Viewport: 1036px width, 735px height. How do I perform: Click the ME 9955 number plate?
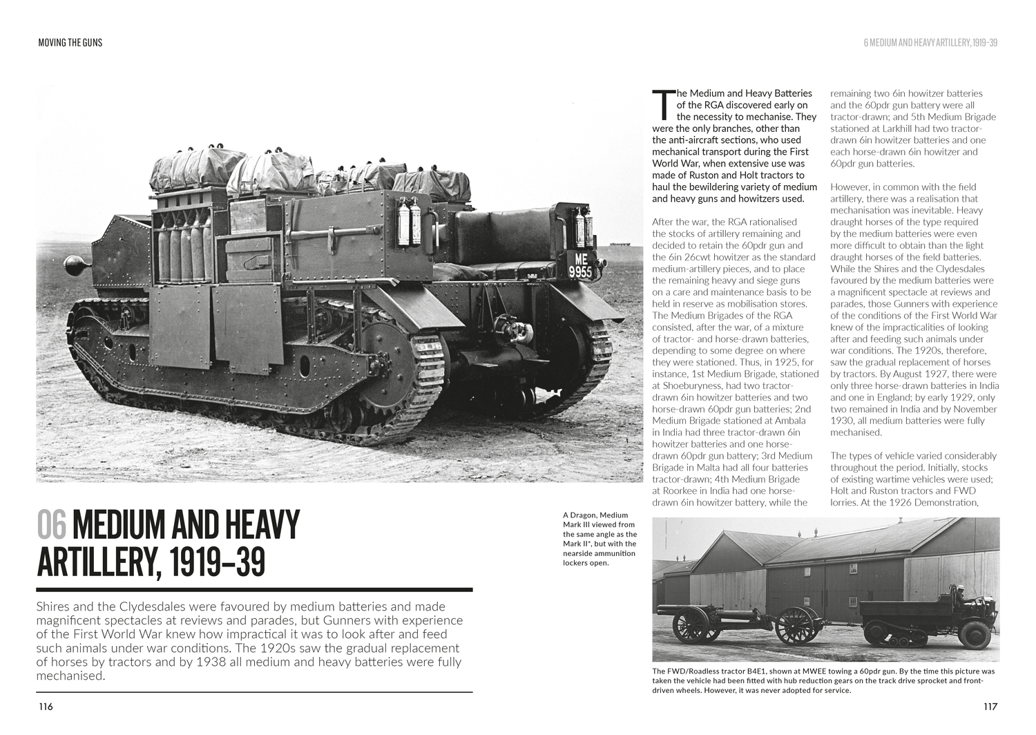[x=579, y=265]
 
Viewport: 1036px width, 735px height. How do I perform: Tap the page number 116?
[x=46, y=707]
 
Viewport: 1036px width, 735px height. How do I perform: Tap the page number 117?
[x=990, y=707]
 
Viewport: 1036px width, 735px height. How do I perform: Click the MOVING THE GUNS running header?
[x=70, y=43]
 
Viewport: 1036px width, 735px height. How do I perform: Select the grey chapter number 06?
[x=52, y=525]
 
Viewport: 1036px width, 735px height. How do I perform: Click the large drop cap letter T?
[x=662, y=104]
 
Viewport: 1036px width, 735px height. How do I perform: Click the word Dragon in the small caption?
[x=584, y=515]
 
